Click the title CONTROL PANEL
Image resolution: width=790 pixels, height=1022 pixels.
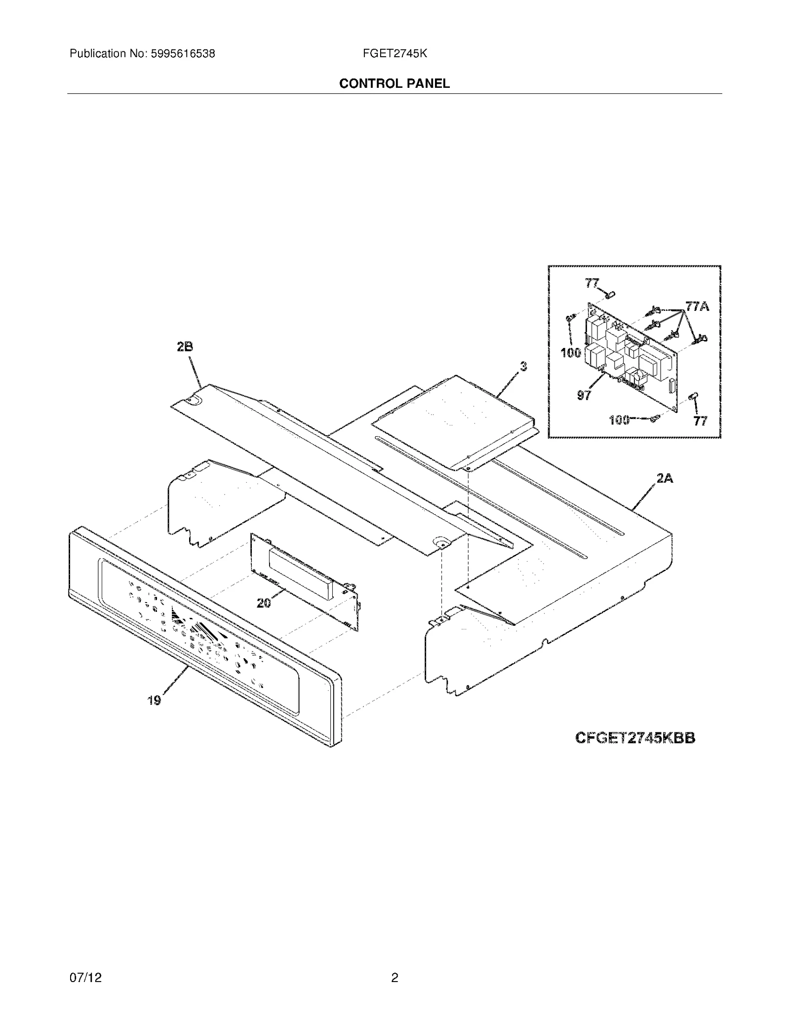point(395,84)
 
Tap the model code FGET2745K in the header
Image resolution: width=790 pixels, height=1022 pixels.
point(395,54)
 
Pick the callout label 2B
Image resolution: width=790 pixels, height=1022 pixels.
point(185,347)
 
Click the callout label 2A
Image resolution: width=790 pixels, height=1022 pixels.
point(665,478)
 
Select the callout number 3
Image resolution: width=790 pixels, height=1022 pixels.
point(523,366)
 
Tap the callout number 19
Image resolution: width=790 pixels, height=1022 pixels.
point(154,700)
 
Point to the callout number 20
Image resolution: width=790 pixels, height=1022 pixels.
point(264,603)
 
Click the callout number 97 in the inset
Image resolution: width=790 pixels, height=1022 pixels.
point(584,395)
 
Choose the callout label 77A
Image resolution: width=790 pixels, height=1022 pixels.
point(697,306)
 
